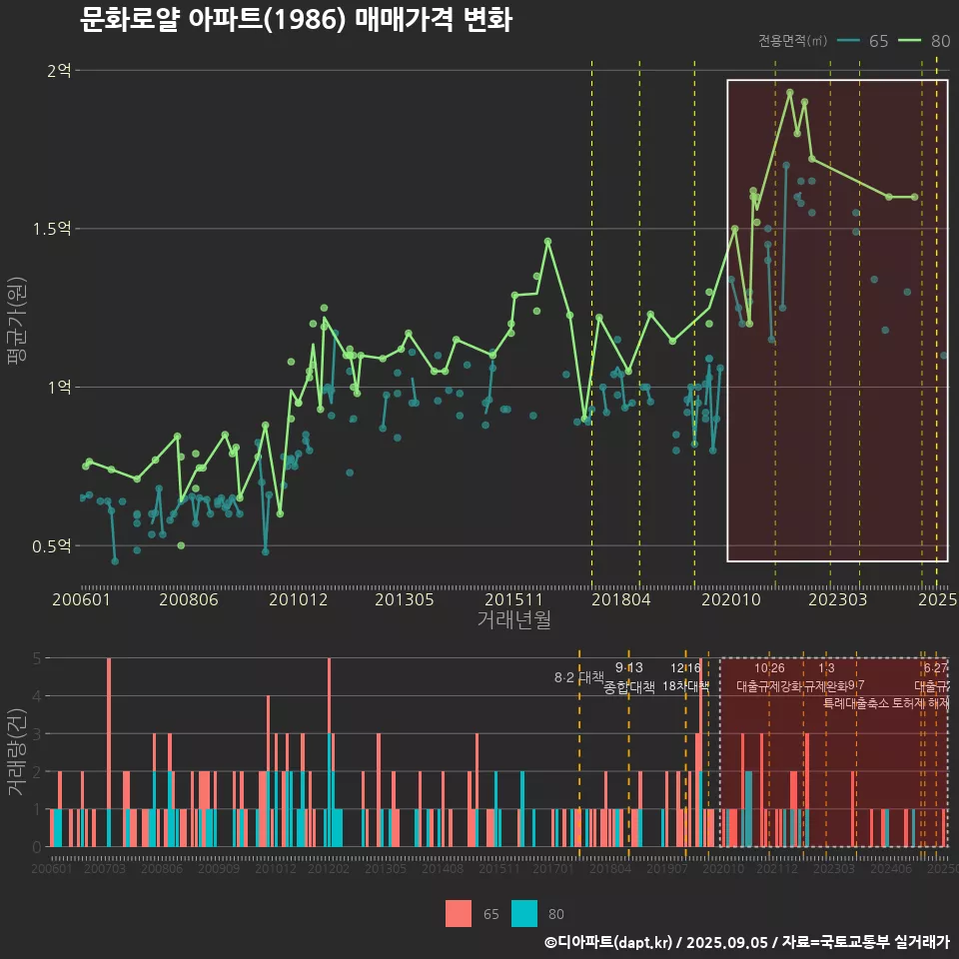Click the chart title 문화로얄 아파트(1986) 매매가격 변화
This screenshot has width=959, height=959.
296,19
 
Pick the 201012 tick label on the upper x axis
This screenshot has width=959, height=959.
297,599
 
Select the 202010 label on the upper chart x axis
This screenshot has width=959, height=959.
729,599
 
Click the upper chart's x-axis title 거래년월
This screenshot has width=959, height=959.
513,619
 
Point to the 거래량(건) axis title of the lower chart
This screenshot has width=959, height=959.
15,752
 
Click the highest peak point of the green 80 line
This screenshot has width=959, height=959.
790,92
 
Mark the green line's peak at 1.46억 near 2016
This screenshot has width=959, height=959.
547,241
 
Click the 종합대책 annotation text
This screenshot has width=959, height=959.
629,687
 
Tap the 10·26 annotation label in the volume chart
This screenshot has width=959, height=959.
769,668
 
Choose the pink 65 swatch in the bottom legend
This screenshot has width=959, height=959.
458,913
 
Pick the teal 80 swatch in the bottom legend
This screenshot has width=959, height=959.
523,913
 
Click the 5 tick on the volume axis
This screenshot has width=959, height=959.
37,658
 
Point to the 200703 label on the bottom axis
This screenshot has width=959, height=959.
105,869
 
